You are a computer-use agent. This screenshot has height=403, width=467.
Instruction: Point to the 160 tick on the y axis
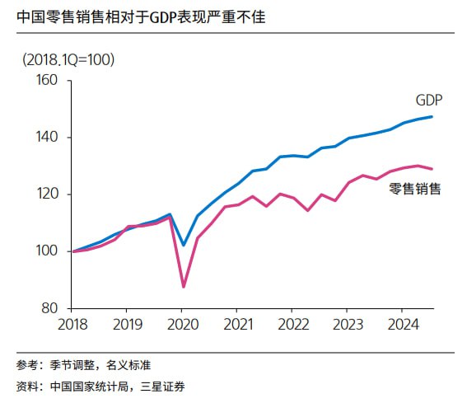[48, 81]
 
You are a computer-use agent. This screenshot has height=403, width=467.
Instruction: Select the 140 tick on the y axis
[48, 138]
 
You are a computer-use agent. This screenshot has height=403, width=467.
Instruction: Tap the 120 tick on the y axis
[48, 194]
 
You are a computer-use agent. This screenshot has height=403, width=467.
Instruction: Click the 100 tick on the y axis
[48, 251]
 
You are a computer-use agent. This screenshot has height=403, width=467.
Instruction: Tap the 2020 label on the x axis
[181, 323]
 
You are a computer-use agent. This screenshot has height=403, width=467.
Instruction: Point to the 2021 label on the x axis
[237, 323]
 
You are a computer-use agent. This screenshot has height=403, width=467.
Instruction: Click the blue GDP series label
[428, 101]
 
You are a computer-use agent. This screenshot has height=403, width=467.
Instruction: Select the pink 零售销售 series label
[414, 189]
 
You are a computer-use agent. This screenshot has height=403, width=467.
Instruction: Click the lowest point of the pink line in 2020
[184, 287]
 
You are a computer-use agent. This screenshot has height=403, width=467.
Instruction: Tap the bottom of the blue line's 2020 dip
[184, 245]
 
